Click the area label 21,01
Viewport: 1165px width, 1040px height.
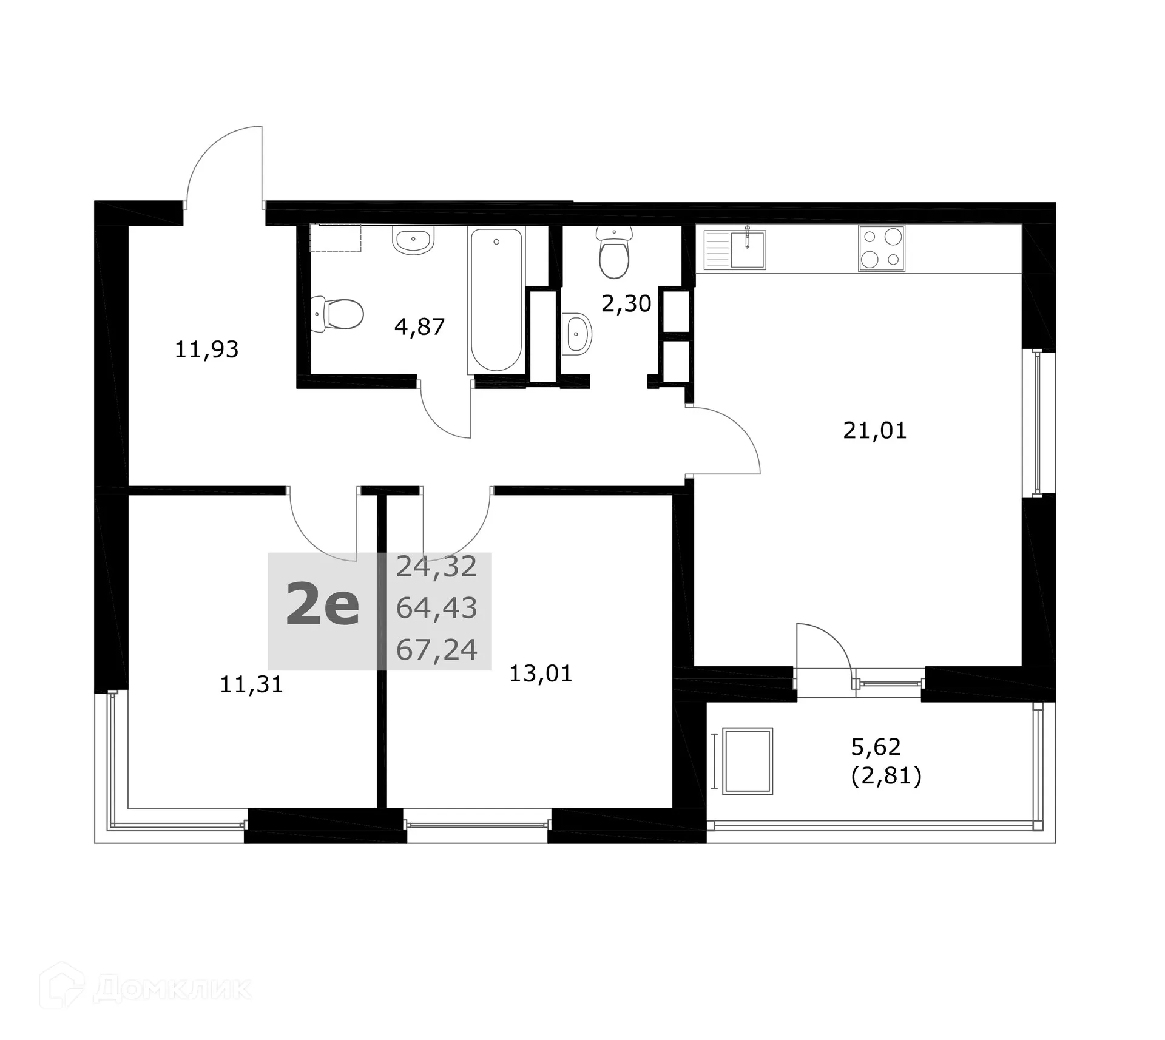click(x=874, y=431)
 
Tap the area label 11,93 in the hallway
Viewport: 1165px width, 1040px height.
click(x=206, y=349)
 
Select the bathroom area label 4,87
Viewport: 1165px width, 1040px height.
click(x=419, y=327)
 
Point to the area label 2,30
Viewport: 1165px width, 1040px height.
click(x=626, y=303)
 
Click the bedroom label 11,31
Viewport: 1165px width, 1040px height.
click(x=251, y=684)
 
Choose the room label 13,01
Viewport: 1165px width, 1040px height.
click(x=540, y=674)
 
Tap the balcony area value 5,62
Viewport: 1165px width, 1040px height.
click(x=876, y=747)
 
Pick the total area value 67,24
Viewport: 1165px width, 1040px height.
click(x=436, y=650)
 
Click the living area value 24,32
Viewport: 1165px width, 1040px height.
click(x=436, y=567)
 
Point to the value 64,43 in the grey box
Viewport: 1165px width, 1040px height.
click(x=436, y=608)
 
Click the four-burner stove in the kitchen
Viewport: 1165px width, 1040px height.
click(x=881, y=248)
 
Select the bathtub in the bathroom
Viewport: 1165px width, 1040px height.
click(x=496, y=299)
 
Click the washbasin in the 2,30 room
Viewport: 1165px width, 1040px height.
click(x=576, y=334)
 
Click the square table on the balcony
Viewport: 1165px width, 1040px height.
click(x=748, y=761)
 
